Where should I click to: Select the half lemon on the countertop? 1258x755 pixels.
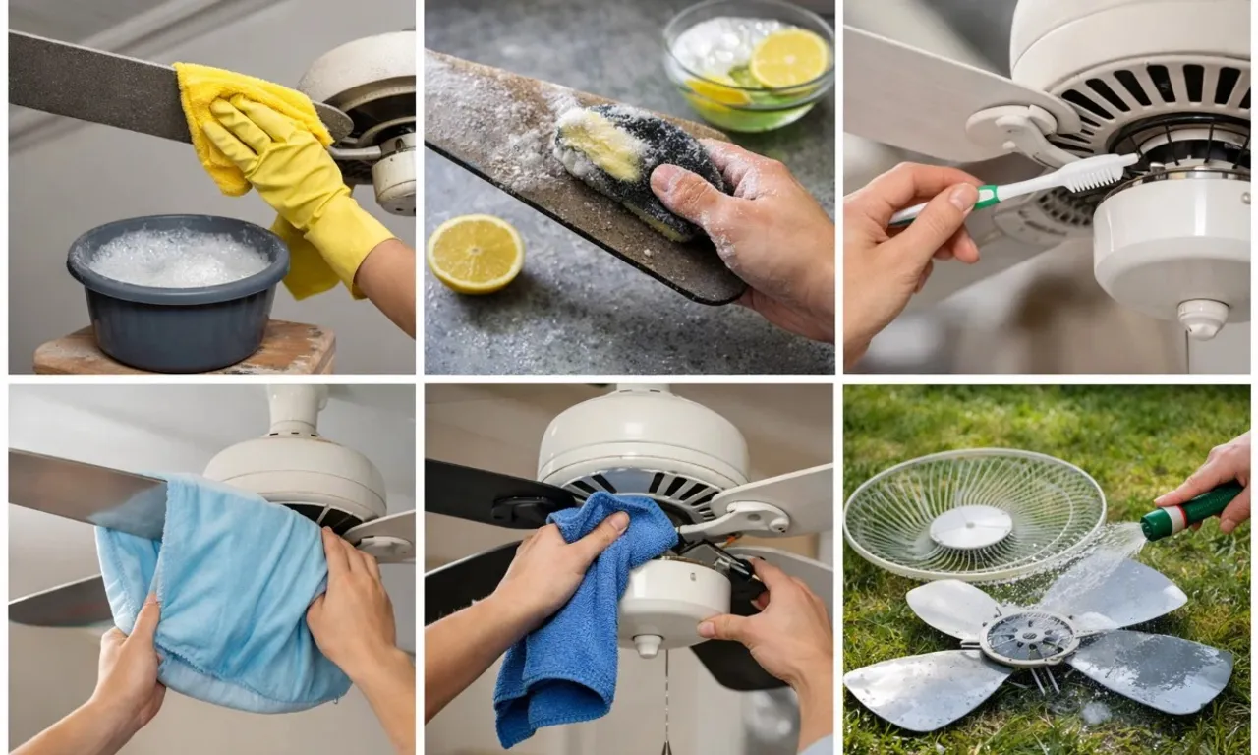click(x=476, y=253)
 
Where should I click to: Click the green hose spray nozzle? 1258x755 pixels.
click(x=1189, y=511)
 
